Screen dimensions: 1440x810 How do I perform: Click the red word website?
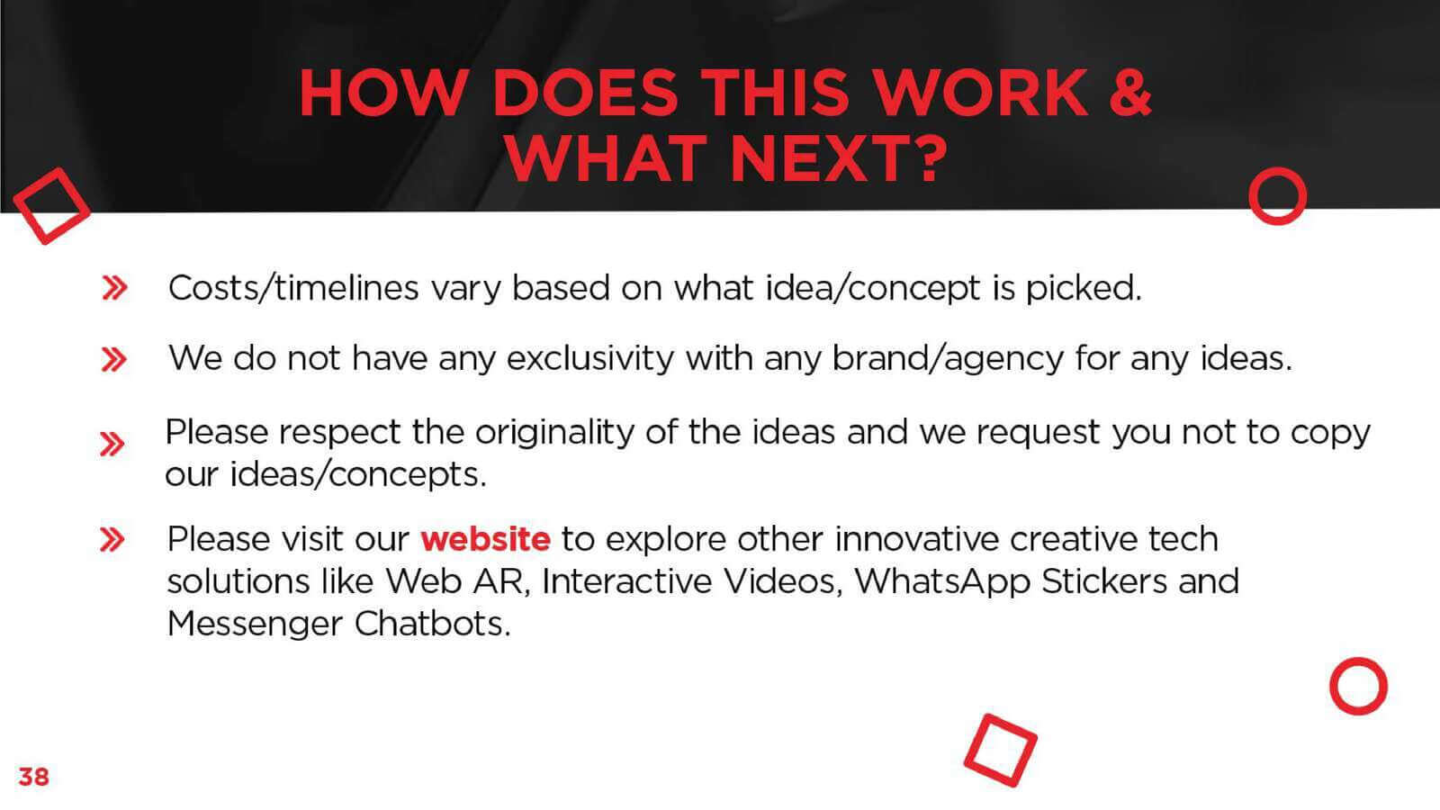click(x=485, y=539)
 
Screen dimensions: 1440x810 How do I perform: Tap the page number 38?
click(x=33, y=777)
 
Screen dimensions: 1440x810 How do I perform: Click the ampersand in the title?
click(x=1129, y=93)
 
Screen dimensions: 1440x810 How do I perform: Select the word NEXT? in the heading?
click(x=839, y=158)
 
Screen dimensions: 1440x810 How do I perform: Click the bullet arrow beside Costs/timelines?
click(x=115, y=288)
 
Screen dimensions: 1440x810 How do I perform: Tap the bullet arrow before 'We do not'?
click(x=114, y=359)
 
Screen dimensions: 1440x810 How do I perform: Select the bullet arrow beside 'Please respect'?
click(x=112, y=444)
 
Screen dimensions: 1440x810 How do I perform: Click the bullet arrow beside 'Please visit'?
click(x=112, y=539)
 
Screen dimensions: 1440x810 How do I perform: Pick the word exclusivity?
click(x=590, y=359)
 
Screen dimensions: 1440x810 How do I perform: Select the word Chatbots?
click(x=433, y=624)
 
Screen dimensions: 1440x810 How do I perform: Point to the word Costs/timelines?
click(x=293, y=288)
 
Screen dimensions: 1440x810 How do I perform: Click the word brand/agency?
click(x=949, y=359)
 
